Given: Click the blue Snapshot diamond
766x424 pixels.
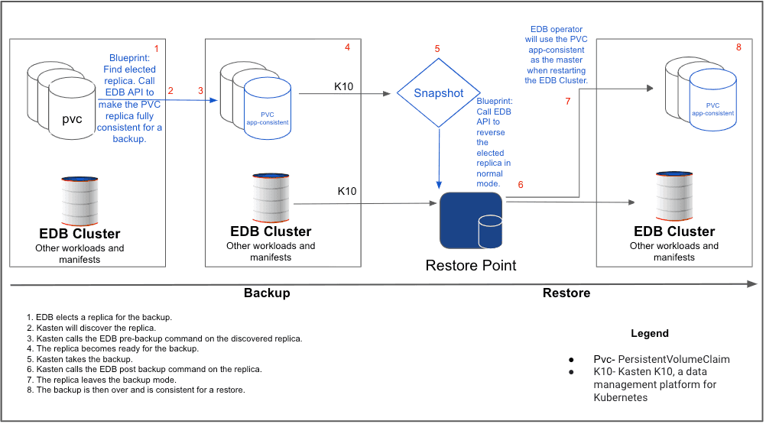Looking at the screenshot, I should click(438, 93).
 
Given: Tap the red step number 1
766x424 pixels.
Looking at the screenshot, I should click(157, 48).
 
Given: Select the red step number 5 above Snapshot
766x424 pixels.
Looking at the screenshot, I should click(437, 49).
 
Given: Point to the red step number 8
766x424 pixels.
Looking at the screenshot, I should click(738, 47).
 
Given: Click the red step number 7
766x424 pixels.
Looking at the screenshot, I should click(568, 102).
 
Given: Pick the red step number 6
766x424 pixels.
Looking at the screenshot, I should click(521, 185).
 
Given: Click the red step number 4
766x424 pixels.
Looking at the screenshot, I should click(347, 47).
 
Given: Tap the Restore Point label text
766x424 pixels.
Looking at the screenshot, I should click(470, 266).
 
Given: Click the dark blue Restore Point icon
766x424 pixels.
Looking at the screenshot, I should click(471, 221).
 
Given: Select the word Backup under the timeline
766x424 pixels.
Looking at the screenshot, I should click(267, 293).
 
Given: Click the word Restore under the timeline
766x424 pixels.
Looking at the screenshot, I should click(566, 293).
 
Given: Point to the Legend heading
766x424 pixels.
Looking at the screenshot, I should click(649, 334).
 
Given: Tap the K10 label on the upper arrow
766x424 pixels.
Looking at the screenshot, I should click(344, 86).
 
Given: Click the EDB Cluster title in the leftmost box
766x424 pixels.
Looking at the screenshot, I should click(80, 234).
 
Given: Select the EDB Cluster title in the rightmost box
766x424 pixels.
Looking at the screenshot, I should click(673, 231).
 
